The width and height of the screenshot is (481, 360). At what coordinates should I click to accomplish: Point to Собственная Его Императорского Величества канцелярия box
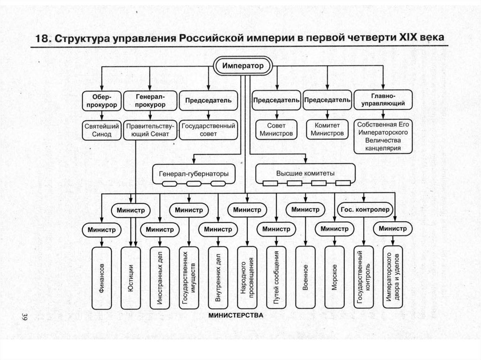click(383, 136)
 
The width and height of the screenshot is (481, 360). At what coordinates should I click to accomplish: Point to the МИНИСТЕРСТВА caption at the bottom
click(236, 315)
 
